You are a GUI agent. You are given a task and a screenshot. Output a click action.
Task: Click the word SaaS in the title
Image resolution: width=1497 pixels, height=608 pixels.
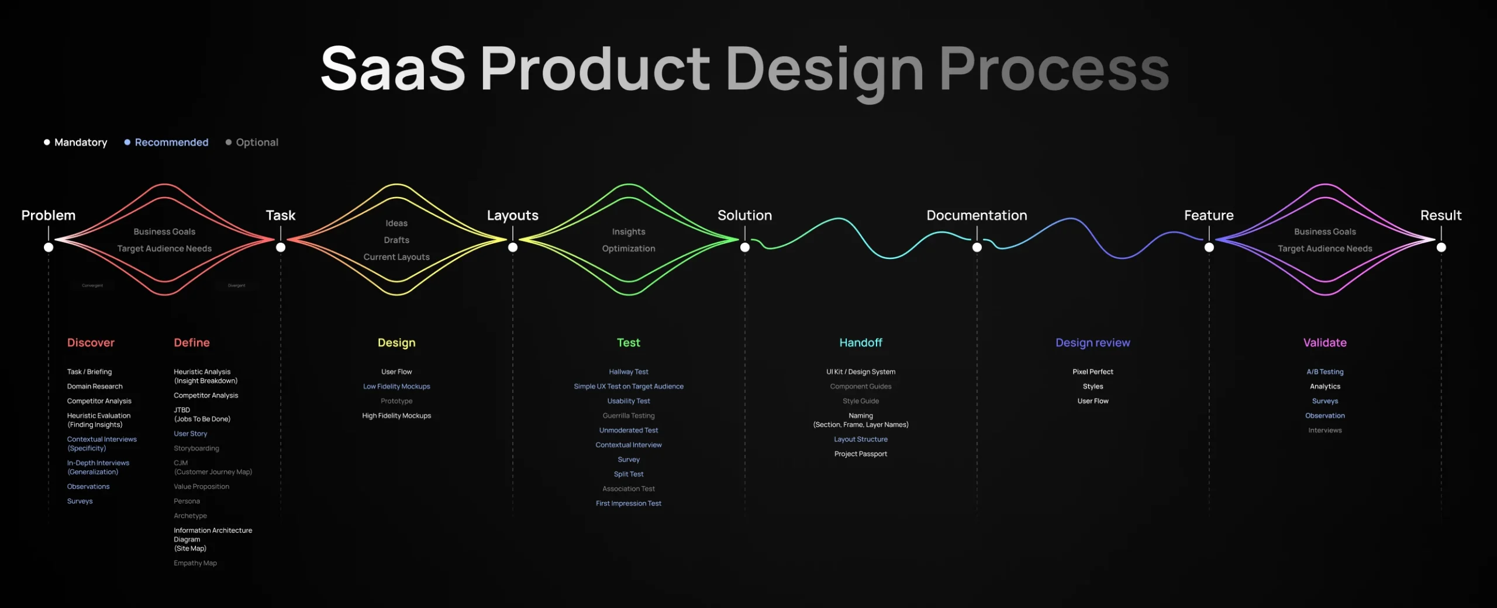(393, 69)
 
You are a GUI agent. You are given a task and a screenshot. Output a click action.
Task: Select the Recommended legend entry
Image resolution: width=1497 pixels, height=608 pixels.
(171, 142)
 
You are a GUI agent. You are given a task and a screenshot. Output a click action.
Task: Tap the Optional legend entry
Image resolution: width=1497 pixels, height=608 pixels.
(256, 142)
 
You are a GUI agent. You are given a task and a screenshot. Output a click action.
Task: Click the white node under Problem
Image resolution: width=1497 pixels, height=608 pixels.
(49, 247)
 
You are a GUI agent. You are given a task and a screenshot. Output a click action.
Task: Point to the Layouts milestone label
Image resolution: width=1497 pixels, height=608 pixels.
(512, 215)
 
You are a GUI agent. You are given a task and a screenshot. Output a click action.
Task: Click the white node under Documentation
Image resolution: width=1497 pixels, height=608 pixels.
(977, 247)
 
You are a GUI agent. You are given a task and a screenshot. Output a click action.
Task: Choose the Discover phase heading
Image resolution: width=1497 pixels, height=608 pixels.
(91, 343)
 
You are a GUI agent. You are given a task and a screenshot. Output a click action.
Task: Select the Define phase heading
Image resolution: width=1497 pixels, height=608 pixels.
(191, 343)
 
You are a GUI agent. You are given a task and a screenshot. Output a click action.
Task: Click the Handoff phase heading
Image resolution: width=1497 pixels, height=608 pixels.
(860, 343)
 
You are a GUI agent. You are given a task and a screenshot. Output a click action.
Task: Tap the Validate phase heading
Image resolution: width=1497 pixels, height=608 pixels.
(1324, 343)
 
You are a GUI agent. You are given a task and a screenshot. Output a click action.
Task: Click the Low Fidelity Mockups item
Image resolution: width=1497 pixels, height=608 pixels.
(396, 386)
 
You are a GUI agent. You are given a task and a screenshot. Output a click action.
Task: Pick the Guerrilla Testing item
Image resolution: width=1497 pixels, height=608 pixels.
(629, 416)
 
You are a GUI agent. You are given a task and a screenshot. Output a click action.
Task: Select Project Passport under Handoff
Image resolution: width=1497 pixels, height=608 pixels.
(860, 454)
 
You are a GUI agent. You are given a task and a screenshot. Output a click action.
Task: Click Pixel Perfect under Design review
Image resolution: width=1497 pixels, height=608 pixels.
(1092, 372)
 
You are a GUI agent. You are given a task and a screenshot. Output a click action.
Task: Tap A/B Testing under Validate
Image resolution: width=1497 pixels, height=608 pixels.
(1324, 372)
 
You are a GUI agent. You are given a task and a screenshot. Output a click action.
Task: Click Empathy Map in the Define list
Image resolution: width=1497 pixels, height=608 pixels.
(195, 563)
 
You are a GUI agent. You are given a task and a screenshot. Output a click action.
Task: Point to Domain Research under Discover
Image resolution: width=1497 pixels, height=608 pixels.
(95, 386)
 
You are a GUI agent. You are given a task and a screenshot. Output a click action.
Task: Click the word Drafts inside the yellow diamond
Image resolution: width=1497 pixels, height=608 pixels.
(396, 240)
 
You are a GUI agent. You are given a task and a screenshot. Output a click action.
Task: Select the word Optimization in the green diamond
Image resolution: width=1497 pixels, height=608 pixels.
(629, 248)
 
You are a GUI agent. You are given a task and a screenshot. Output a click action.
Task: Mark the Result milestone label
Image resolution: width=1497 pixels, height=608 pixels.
(1440, 215)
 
